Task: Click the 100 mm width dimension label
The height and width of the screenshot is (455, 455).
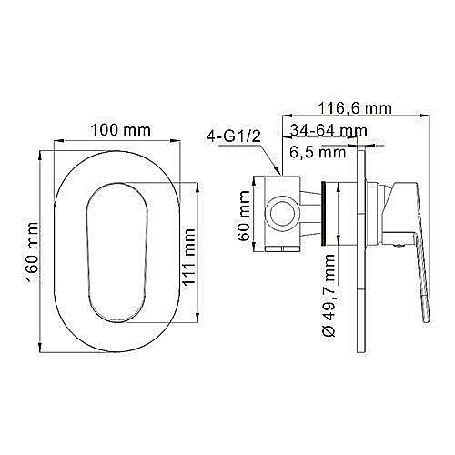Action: (x=121, y=130)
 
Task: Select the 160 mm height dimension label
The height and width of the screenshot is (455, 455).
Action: (x=33, y=253)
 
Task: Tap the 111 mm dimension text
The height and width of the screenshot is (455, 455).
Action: (x=188, y=257)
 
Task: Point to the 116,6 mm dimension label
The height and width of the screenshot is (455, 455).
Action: (x=355, y=108)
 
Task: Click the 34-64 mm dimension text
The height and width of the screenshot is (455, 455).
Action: (x=329, y=131)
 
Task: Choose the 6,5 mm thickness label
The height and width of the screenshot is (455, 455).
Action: (x=318, y=152)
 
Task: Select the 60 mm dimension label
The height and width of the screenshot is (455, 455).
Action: (x=244, y=216)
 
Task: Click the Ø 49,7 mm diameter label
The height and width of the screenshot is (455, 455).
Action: (x=329, y=295)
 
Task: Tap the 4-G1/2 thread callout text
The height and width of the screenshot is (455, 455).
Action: (x=234, y=136)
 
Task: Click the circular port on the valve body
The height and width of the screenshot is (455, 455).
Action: (x=283, y=214)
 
